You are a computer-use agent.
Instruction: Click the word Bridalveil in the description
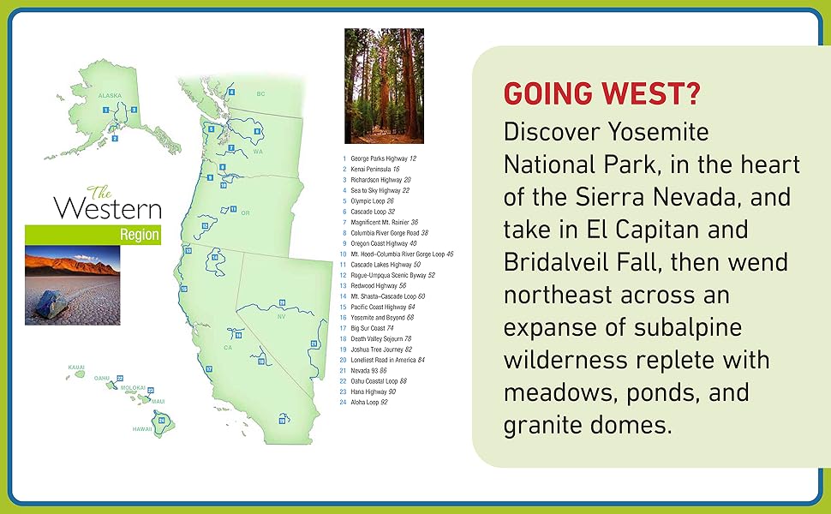[569, 261]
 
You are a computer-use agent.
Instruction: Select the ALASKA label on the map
[110, 96]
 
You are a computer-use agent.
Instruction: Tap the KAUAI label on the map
[76, 367]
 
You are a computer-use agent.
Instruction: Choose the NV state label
[279, 316]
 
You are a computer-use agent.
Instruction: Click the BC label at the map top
[261, 93]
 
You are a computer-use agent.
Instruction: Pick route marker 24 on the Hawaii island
[160, 420]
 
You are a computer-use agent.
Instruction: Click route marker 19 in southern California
[280, 420]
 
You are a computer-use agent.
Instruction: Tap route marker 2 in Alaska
[115, 138]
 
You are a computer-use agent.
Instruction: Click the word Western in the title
[107, 208]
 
